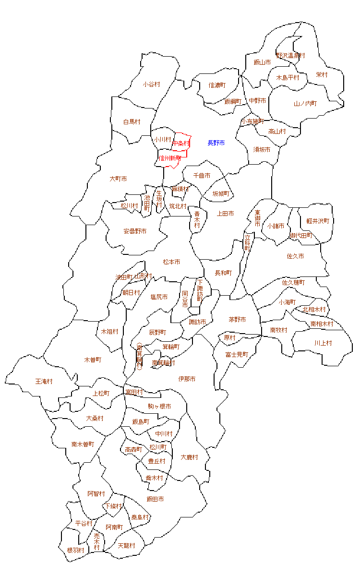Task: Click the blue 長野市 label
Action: pyautogui.click(x=216, y=143)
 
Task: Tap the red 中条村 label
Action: pyautogui.click(x=181, y=143)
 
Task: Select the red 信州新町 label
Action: pyautogui.click(x=169, y=158)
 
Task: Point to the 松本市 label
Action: pyautogui.click(x=171, y=262)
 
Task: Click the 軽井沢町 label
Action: pyautogui.click(x=318, y=221)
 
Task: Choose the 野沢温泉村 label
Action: pyautogui.click(x=290, y=56)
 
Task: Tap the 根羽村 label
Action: pyautogui.click(x=76, y=550)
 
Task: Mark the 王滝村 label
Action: pyautogui.click(x=44, y=382)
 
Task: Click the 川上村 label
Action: pyautogui.click(x=323, y=343)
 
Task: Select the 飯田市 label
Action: pyautogui.click(x=155, y=499)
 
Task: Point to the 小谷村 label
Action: pyautogui.click(x=151, y=84)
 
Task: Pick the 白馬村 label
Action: pyautogui.click(x=132, y=122)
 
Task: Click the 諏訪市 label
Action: pyautogui.click(x=197, y=322)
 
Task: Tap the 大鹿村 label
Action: pyautogui.click(x=189, y=457)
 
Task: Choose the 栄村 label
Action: pyautogui.click(x=322, y=75)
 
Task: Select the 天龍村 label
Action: pyautogui.click(x=126, y=546)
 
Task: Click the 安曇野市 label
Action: pyautogui.click(x=135, y=231)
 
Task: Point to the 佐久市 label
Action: pyautogui.click(x=295, y=256)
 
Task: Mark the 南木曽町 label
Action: pyautogui.click(x=83, y=444)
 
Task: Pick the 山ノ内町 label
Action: pyautogui.click(x=305, y=104)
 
